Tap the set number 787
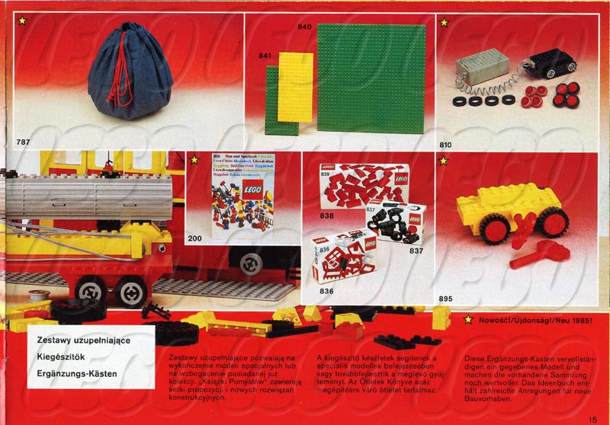point(23,142)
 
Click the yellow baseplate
point(295,87)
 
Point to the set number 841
point(265,56)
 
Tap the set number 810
point(448,142)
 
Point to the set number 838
point(327,216)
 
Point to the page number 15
point(592,417)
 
